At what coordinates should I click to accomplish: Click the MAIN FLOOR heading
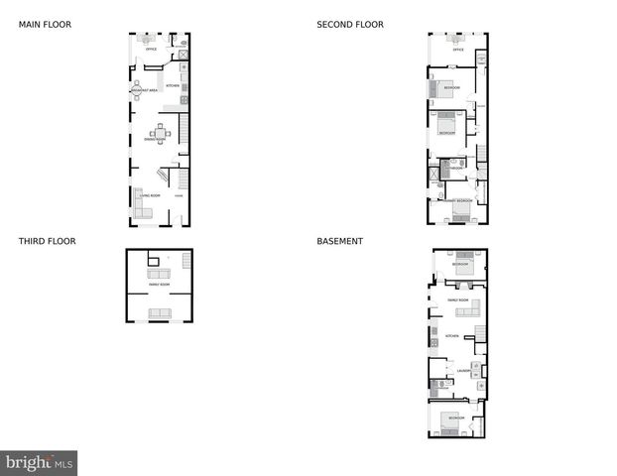tap(45, 25)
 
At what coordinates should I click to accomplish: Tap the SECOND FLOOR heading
tap(350, 25)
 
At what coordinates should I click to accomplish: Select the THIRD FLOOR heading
tap(47, 241)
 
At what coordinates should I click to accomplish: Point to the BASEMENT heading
tap(339, 241)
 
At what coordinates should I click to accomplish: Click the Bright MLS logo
tap(39, 463)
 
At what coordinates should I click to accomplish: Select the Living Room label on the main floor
tap(151, 196)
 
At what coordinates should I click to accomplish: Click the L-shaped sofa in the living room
tap(142, 203)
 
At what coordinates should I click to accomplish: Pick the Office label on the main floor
tap(151, 49)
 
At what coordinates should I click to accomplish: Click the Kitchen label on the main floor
tap(171, 86)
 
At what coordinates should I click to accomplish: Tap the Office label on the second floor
tap(457, 49)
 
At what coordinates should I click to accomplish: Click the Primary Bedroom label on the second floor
tap(457, 201)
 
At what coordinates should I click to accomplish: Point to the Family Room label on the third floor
tap(159, 285)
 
